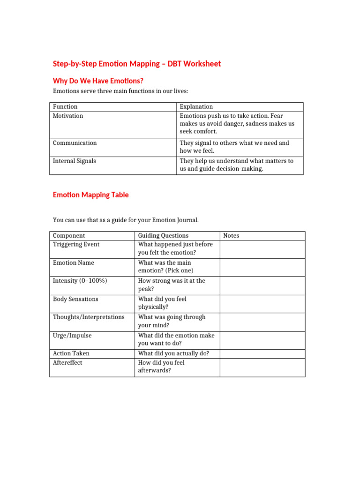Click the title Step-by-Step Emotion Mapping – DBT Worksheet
point(136,64)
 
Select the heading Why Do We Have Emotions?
point(98,81)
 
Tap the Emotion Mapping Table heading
point(90,195)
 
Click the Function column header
point(65,107)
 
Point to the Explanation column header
point(196,107)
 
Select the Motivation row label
point(68,116)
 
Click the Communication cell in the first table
point(75,143)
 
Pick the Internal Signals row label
point(74,161)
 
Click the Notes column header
point(231,236)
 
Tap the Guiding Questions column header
point(163,236)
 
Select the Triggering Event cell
point(76,244)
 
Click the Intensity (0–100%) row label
point(80,281)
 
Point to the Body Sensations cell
point(75,299)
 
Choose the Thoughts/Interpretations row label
point(89,317)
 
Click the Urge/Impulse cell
point(72,336)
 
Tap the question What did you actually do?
point(173,353)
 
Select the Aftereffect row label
point(67,363)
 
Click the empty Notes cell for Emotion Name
point(262,267)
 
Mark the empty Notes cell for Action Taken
point(262,354)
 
